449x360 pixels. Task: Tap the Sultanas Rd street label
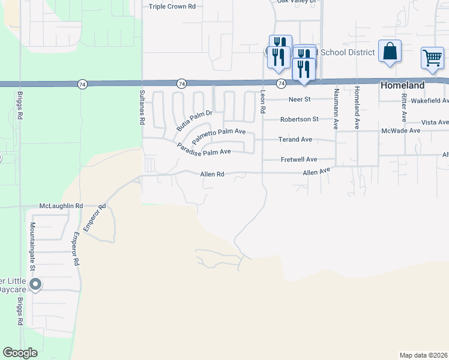(x=142, y=109)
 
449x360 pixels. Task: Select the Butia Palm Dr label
(x=194, y=121)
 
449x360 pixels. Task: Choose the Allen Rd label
(x=212, y=174)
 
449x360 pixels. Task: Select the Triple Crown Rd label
(x=172, y=6)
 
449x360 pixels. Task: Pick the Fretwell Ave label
(x=299, y=160)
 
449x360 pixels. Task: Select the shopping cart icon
(x=432, y=58)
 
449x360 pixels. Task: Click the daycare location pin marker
(x=35, y=284)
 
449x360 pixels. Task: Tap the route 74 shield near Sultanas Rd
(x=181, y=83)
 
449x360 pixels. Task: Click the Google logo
(x=20, y=353)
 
